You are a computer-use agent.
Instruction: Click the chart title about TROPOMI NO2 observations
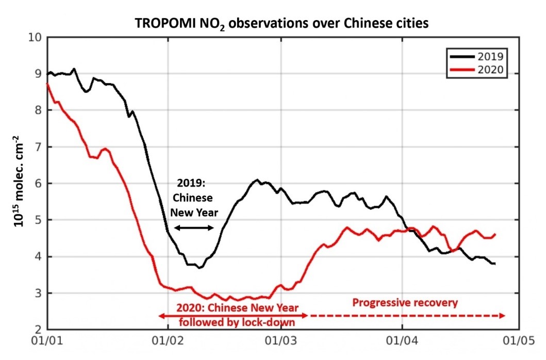tap(282, 24)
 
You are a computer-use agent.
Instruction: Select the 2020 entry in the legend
tap(482, 70)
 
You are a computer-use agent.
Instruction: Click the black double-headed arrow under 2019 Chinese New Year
tap(193, 227)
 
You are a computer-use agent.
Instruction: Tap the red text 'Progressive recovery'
tap(405, 302)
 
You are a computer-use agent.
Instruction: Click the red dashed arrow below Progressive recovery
tap(407, 315)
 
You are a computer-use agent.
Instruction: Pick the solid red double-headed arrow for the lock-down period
tap(233, 315)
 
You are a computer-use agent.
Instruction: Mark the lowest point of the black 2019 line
tap(200, 268)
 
